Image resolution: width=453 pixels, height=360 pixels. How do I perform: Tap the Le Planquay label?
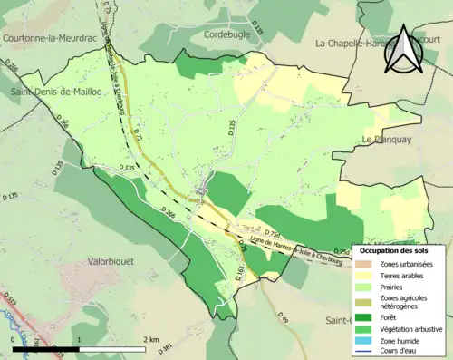point(388,139)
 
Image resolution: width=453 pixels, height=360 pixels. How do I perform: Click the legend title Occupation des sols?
point(400,250)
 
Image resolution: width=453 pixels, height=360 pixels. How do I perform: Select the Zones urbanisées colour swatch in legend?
point(366,263)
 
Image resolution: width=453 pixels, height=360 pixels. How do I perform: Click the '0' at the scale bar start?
point(13,337)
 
